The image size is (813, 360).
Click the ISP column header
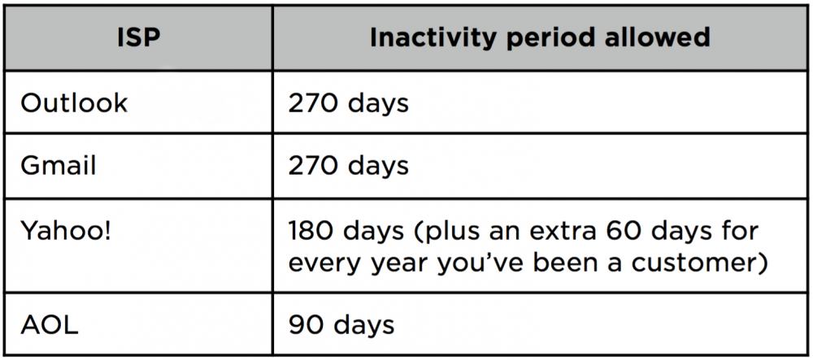click(x=138, y=38)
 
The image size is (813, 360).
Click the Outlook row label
click(x=74, y=102)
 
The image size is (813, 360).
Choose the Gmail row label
click(x=58, y=166)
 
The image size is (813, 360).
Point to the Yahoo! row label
click(x=65, y=231)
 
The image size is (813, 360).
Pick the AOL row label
click(x=50, y=324)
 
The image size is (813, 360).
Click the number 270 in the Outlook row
click(x=313, y=102)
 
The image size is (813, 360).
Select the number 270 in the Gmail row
click(x=313, y=166)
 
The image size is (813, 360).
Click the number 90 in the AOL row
click(x=306, y=325)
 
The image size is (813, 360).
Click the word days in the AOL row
click(x=363, y=324)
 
